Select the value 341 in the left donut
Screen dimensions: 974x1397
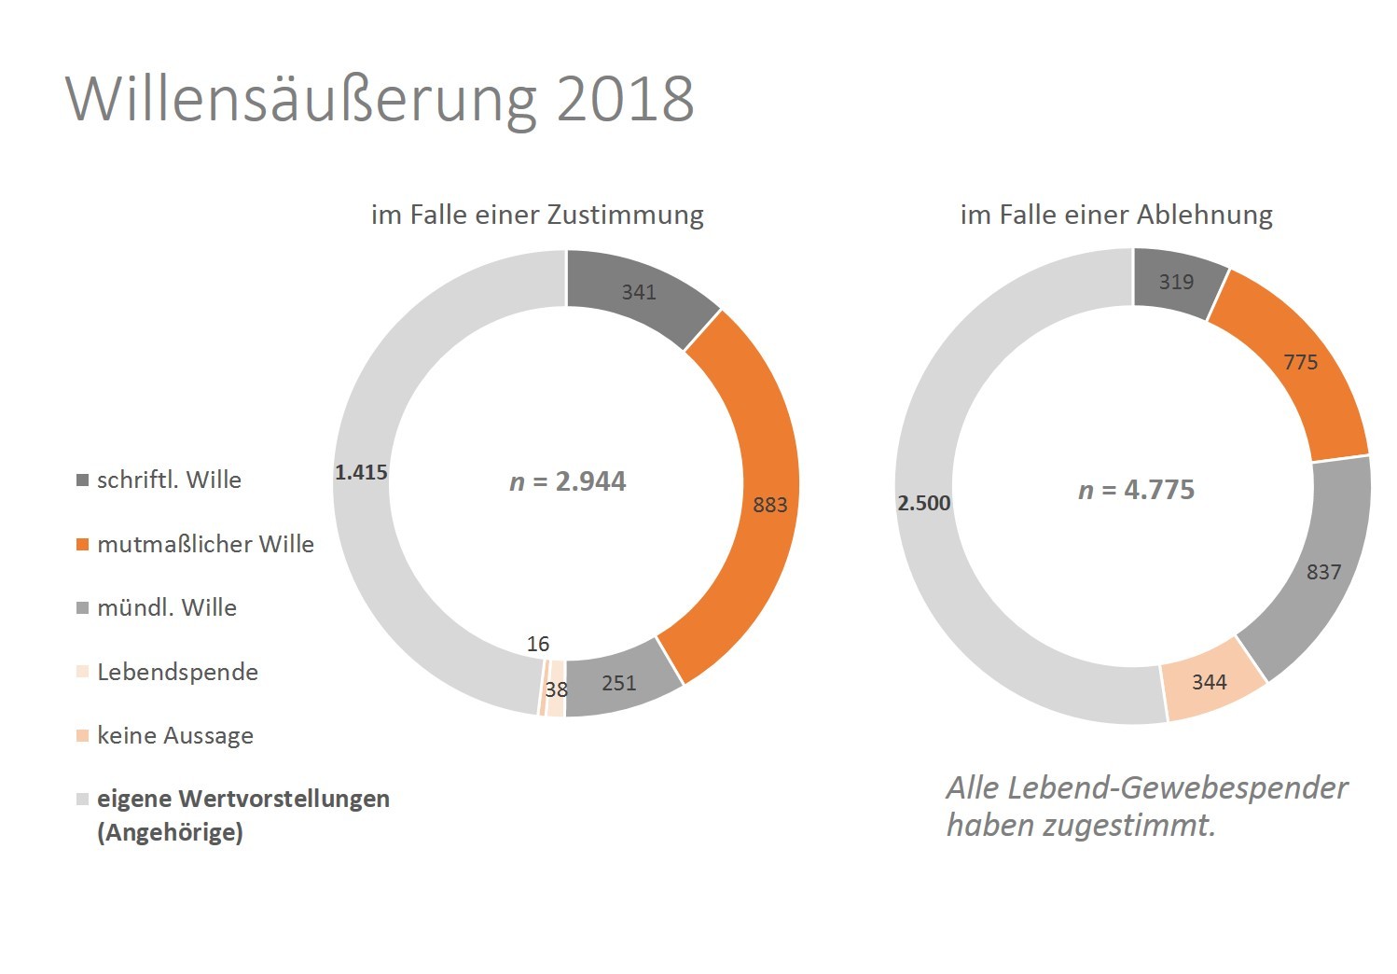(639, 292)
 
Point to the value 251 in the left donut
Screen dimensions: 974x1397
(619, 683)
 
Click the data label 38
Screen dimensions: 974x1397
(557, 689)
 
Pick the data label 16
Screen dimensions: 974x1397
(538, 644)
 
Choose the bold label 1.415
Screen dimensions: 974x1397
(361, 472)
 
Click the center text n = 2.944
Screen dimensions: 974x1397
(568, 481)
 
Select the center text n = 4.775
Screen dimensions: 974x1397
(1136, 490)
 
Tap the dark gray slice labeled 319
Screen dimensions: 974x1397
(1176, 282)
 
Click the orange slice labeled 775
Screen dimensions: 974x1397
(1301, 362)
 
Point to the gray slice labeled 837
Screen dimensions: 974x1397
(1323, 572)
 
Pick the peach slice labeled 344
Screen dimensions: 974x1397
(1210, 682)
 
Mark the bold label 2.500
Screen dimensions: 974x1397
(924, 503)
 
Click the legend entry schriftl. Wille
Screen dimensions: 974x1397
(169, 480)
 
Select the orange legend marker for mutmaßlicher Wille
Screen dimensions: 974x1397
(82, 544)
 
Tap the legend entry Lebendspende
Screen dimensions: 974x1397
(177, 672)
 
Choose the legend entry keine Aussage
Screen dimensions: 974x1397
(175, 735)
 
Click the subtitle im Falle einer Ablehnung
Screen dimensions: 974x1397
(1116, 215)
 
